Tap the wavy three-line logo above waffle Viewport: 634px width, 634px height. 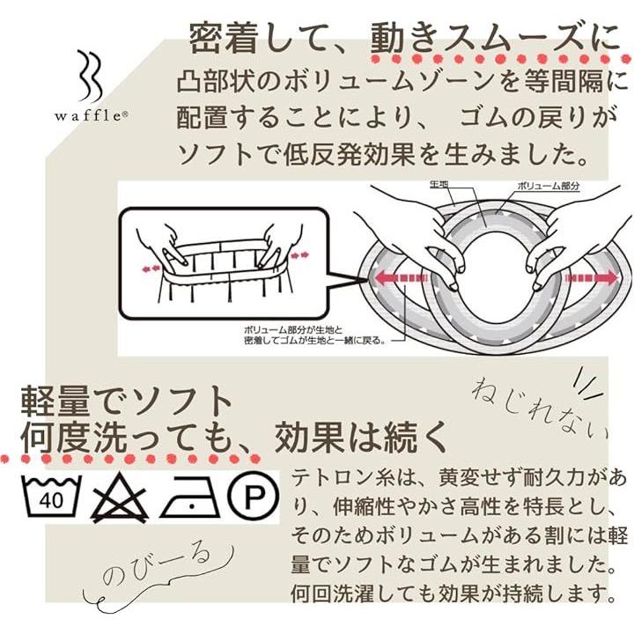90,76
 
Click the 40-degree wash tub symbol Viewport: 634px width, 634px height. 51,497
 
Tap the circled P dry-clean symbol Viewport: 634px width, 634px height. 253,497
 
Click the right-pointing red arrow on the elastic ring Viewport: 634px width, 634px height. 592,278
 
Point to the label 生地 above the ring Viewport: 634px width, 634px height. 439,185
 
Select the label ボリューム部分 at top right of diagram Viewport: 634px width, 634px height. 549,187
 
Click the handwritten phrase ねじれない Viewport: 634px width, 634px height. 540,409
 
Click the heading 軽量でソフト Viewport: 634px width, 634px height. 127,402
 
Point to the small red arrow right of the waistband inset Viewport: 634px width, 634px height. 300,254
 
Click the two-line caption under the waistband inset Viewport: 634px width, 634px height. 313,335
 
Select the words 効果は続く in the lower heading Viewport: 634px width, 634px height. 361,438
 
